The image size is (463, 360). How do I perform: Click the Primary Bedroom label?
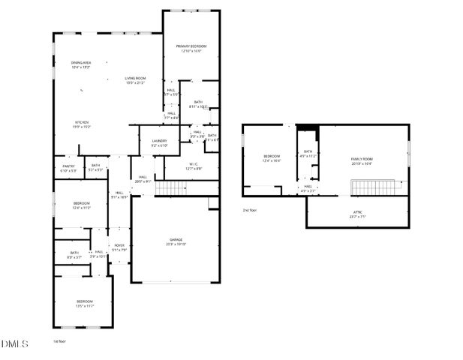coord(191,46)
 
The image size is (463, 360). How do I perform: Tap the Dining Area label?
coord(81,62)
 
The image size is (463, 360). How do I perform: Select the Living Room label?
coord(135,78)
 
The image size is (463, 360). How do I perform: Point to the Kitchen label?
coord(81,122)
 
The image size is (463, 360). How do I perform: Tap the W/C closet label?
coord(193,163)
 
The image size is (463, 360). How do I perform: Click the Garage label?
coord(176,240)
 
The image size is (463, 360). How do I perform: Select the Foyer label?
coord(119,245)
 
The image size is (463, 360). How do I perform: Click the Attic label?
coord(358,212)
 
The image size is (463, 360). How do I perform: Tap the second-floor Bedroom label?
coord(271,156)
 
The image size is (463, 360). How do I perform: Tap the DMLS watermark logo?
coord(14,344)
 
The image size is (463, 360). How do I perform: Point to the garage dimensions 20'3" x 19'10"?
coord(176,244)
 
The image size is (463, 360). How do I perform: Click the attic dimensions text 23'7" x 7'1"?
coord(358,217)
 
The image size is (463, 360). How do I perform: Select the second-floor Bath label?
coord(308,151)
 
